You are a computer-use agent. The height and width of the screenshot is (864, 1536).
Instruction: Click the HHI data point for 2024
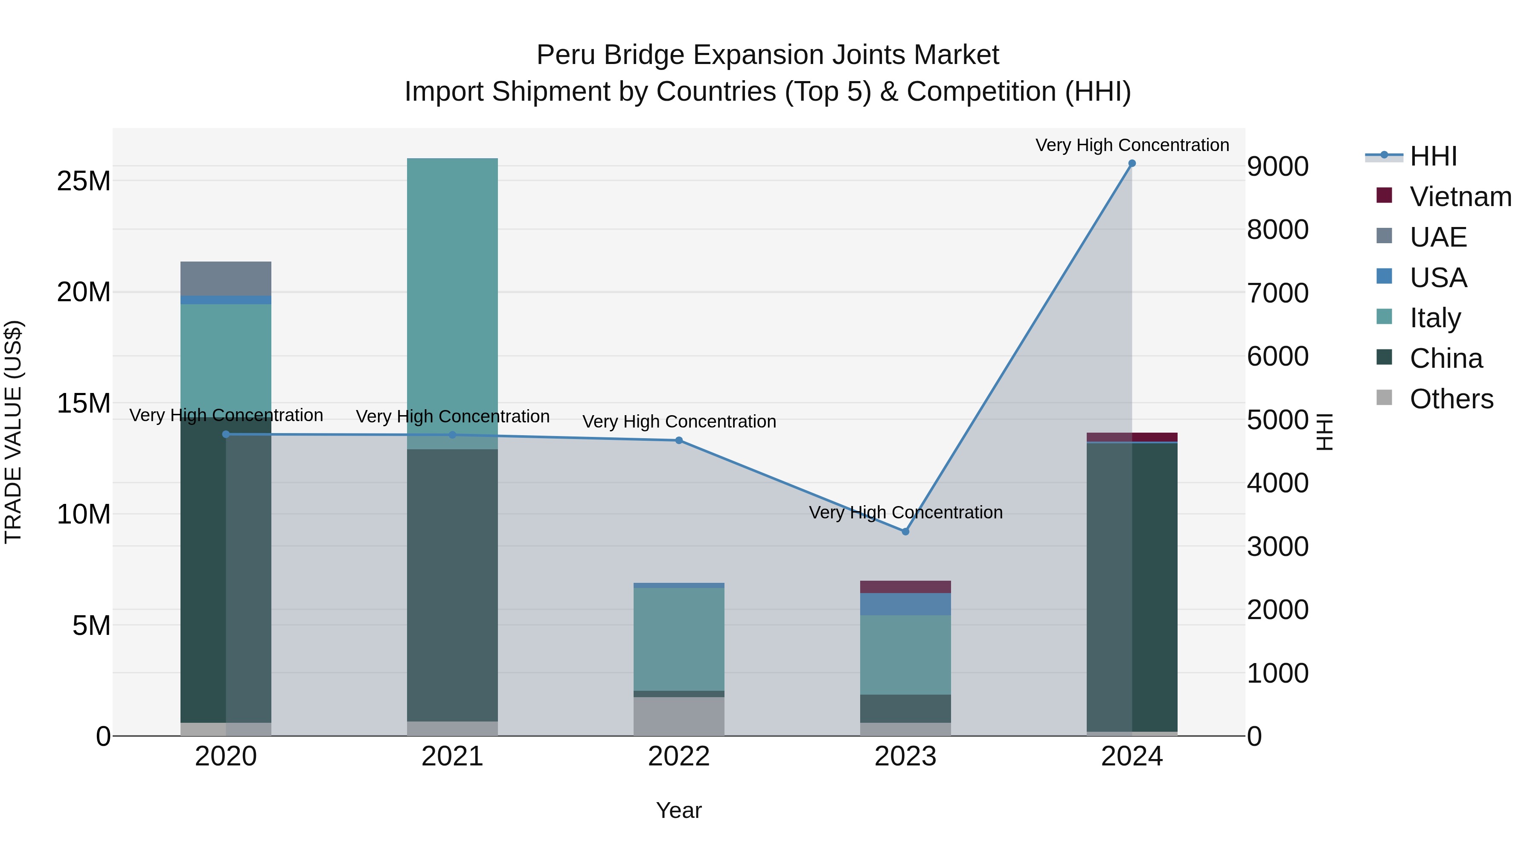[x=1132, y=163]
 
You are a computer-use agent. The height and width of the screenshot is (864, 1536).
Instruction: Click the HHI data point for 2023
[x=905, y=531]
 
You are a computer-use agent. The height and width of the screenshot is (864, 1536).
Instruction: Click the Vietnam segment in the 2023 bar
[x=905, y=587]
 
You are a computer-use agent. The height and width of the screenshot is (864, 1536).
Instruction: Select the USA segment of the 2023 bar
[x=905, y=604]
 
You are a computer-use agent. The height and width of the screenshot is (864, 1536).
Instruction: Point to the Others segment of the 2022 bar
[x=678, y=716]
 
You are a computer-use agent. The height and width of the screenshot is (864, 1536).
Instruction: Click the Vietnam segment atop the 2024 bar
[x=1132, y=437]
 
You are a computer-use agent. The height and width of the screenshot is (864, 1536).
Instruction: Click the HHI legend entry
[x=1433, y=156]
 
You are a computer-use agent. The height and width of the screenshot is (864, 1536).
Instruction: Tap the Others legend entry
[x=1451, y=399]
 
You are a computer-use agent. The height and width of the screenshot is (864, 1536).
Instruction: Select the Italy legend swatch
[x=1384, y=317]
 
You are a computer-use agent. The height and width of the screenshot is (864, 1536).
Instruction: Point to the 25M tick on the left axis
[x=84, y=180]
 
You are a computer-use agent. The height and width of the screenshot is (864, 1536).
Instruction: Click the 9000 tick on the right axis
[x=1278, y=166]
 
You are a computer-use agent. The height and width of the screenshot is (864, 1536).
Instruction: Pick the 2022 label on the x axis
[x=678, y=756]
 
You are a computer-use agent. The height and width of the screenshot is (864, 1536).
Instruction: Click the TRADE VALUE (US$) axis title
[x=13, y=432]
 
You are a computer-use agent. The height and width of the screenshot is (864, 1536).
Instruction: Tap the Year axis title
[x=678, y=810]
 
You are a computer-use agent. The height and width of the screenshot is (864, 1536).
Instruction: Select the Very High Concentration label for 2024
[x=1132, y=145]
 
